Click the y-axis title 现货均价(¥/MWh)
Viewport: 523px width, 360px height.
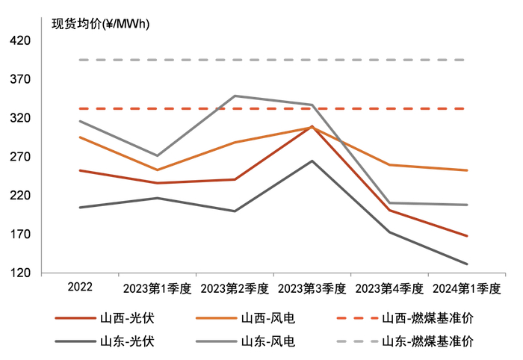[x=100, y=23]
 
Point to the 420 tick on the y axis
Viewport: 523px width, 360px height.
[x=20, y=40]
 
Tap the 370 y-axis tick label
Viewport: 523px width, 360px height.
[x=20, y=79]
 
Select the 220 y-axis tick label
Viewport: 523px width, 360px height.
[x=20, y=196]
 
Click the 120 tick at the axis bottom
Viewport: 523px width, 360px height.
[x=20, y=273]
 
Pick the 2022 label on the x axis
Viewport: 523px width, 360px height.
[x=80, y=288]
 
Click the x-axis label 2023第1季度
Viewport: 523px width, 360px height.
[x=157, y=288]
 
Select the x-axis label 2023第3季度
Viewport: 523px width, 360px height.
[x=312, y=288]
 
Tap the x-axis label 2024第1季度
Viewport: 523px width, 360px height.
[x=467, y=288]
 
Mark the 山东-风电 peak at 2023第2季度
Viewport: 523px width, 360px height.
[x=235, y=96]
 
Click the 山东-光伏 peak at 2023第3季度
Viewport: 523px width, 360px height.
[x=312, y=161]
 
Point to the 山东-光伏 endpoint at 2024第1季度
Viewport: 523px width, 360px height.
[x=467, y=264]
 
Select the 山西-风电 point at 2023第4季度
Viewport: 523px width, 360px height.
[x=390, y=165]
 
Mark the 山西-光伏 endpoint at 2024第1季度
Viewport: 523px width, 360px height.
[x=467, y=236]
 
